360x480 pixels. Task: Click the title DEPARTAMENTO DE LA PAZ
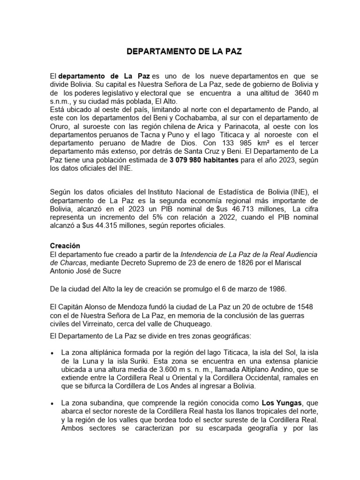click(x=184, y=52)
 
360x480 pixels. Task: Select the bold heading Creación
click(x=65, y=246)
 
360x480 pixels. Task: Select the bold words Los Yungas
click(x=277, y=403)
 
